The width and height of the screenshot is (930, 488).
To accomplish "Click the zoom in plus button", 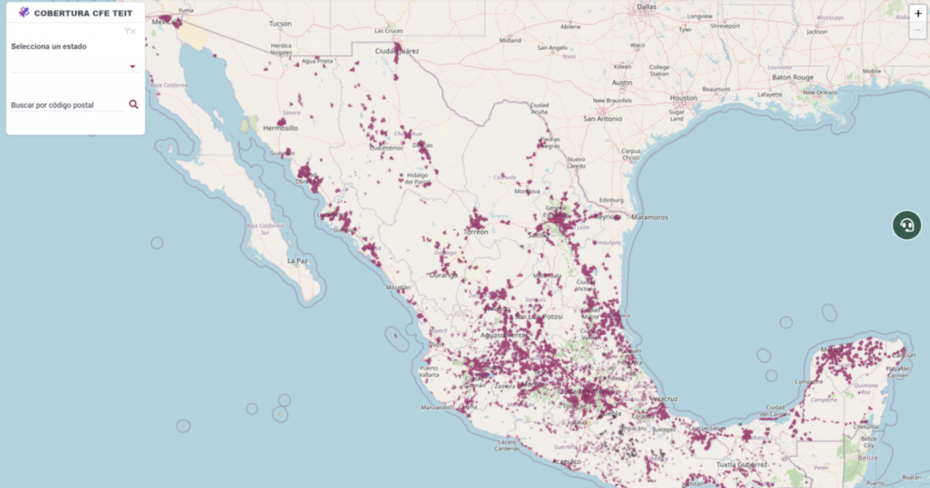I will pos(918,13).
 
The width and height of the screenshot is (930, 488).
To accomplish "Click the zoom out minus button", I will pos(918,29).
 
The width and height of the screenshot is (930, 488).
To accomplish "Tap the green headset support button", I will pos(906,225).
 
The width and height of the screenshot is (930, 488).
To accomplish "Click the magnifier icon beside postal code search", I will pos(133,104).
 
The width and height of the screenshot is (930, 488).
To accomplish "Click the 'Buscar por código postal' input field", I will pos(67,105).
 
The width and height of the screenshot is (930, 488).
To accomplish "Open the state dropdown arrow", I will pos(133,67).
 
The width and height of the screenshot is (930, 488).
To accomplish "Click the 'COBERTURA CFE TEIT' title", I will pos(83,13).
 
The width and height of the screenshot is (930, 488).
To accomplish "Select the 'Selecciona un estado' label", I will pos(49,46).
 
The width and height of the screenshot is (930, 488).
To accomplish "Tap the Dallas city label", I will pos(646,7).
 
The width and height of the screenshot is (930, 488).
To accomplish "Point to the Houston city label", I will pos(684,98).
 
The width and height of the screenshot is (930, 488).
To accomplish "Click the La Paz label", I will pos(298,261).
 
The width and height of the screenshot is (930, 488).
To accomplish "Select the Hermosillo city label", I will pos(281,128).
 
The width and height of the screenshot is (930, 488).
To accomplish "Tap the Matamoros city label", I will pos(649,217).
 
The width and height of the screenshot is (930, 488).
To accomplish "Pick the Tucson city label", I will pos(280,24).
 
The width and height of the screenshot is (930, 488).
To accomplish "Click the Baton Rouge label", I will pos(792,77).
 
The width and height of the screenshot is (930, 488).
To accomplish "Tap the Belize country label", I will pos(868,458).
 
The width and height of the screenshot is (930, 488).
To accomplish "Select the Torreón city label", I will pos(476,232).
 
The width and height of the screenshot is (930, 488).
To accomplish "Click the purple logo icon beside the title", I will pos(24,12).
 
